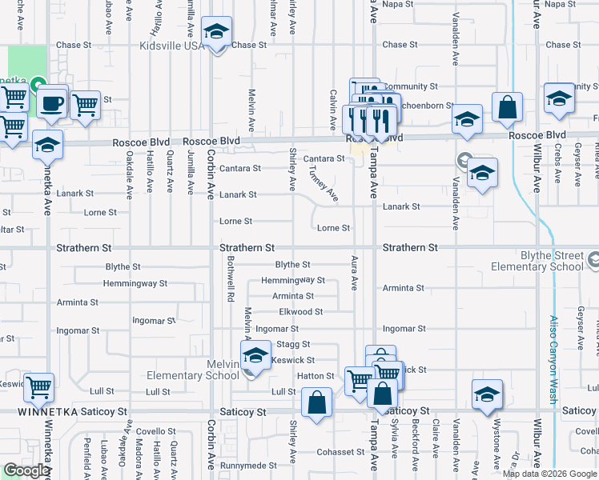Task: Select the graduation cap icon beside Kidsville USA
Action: [x=216, y=34]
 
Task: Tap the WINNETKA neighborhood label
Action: [x=52, y=411]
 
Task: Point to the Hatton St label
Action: [x=316, y=376]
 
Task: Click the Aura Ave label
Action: [x=353, y=273]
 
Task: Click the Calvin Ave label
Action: [x=332, y=110]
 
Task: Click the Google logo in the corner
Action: [x=26, y=471]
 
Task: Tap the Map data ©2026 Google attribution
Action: [x=549, y=474]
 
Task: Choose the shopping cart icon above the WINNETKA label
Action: [x=38, y=389]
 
